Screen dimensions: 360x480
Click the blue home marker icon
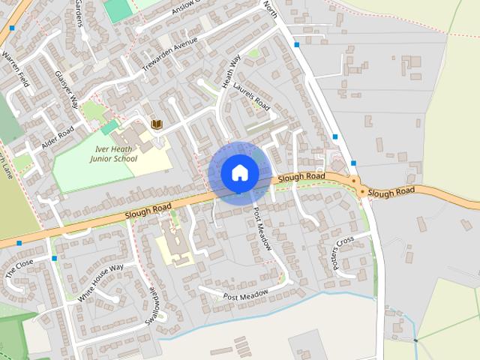(239, 173)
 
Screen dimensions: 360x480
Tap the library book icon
(157, 124)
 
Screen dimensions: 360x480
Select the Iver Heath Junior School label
(113, 154)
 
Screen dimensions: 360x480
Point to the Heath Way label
(231, 71)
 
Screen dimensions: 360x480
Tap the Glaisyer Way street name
(67, 90)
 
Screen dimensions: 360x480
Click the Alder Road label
(58, 137)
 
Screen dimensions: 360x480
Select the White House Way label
(100, 283)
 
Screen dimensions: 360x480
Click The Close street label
(20, 269)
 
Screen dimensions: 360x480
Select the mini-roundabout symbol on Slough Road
(363, 193)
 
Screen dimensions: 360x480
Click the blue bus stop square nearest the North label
(297, 45)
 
